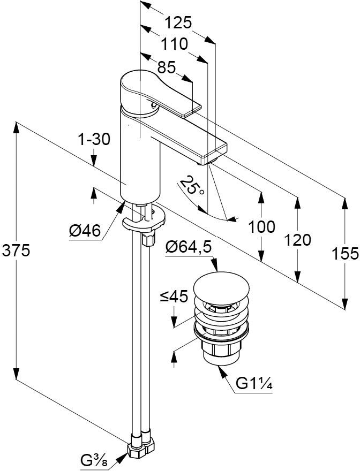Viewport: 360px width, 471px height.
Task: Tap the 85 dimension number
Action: pyautogui.click(x=167, y=67)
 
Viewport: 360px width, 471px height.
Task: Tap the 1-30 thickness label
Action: pyautogui.click(x=94, y=140)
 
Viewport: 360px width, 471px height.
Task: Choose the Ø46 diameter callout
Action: pyautogui.click(x=85, y=231)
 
